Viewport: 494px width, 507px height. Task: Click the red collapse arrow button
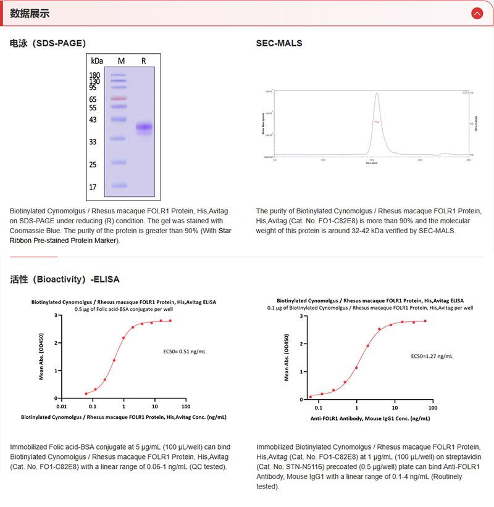pyautogui.click(x=477, y=13)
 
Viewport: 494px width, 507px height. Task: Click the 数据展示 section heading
pyautogui.click(x=30, y=14)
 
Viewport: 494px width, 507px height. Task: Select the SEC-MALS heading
pyautogui.click(x=279, y=43)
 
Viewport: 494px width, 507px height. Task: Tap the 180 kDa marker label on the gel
pyautogui.click(x=94, y=75)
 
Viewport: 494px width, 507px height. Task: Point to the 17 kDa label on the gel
pyautogui.click(x=93, y=186)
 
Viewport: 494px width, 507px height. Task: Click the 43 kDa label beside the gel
pyautogui.click(x=93, y=120)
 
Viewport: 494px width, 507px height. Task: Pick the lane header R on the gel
pyautogui.click(x=144, y=60)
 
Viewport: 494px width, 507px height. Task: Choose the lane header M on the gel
pyautogui.click(x=121, y=60)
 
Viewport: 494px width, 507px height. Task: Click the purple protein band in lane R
pyautogui.click(x=144, y=128)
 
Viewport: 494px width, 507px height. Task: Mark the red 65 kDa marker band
pyautogui.click(x=119, y=99)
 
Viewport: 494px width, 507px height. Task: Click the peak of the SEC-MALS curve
pyautogui.click(x=376, y=94)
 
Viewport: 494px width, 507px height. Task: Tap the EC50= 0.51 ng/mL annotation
pyautogui.click(x=185, y=352)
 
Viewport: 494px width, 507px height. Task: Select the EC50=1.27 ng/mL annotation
pyautogui.click(x=432, y=356)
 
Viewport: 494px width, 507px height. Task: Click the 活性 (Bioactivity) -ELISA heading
pyautogui.click(x=65, y=279)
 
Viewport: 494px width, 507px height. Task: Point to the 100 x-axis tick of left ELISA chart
pyautogui.click(x=186, y=406)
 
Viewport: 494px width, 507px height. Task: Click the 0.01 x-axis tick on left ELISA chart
pyautogui.click(x=61, y=406)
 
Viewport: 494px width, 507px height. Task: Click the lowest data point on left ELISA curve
pyautogui.click(x=86, y=394)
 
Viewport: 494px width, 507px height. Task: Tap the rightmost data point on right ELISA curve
pyautogui.click(x=425, y=321)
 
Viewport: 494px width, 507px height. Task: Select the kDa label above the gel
pyautogui.click(x=97, y=60)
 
